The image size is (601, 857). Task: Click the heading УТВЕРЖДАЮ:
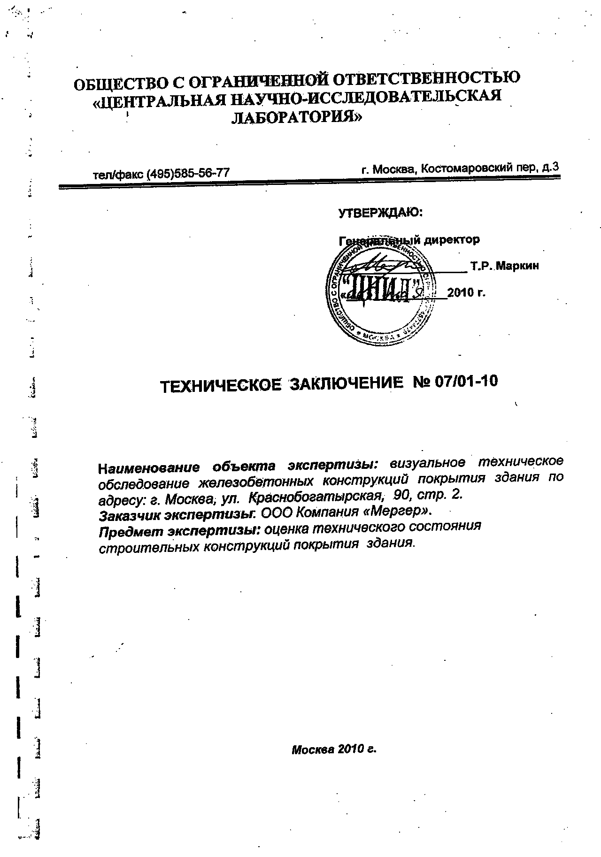381,213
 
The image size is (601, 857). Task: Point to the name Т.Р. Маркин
504,266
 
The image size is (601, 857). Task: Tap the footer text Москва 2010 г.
334,749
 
